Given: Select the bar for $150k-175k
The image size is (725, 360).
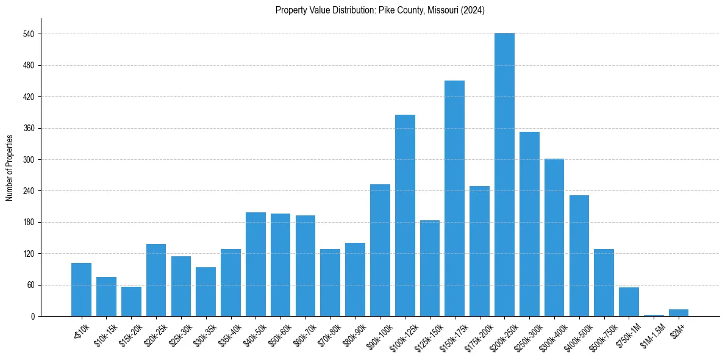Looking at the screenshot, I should point(454,198).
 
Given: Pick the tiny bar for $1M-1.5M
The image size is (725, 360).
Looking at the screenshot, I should point(654,315).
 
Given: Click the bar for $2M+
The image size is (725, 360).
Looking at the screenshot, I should point(679,313).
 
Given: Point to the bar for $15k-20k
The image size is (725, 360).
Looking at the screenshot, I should point(131,301).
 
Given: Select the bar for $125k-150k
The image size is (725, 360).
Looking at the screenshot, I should point(430,268).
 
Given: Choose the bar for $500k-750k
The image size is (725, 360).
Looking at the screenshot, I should point(604,283).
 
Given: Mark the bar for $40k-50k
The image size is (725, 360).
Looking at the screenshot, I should point(255,264).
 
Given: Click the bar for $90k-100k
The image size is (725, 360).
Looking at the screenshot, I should point(380,250).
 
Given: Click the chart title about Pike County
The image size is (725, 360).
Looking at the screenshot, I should point(380,10).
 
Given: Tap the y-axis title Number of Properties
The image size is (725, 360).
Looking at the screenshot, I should point(9,167).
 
